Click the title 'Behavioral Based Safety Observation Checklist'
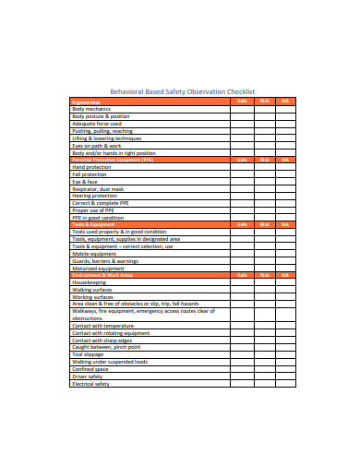(x=181, y=92)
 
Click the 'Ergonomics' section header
(x=87, y=102)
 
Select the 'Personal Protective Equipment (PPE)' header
(x=114, y=159)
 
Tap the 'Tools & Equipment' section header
(x=93, y=223)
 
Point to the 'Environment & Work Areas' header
(x=102, y=275)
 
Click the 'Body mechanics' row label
(x=90, y=109)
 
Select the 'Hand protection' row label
(x=91, y=166)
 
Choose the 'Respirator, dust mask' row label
(x=98, y=188)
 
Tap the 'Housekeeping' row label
(x=90, y=282)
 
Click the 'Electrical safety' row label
(x=90, y=384)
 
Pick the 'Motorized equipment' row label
(x=98, y=268)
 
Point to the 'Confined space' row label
(x=90, y=369)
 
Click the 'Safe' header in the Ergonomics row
(x=242, y=102)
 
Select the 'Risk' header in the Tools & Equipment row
(x=264, y=223)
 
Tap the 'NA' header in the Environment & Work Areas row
(x=285, y=275)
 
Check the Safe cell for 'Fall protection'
(x=242, y=173)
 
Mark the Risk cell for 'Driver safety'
(x=264, y=376)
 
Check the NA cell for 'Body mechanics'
(x=285, y=109)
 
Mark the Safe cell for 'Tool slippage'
(x=242, y=354)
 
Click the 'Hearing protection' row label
(x=95, y=195)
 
